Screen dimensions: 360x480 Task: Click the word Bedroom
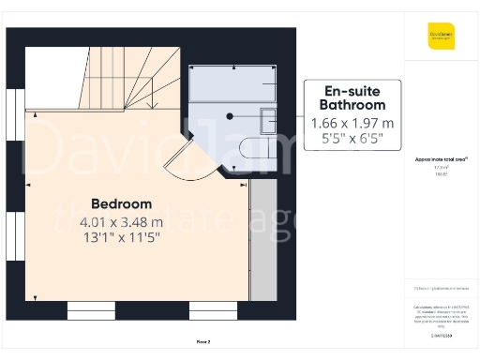pos(121,203)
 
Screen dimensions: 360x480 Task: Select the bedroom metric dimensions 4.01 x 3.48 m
pos(121,222)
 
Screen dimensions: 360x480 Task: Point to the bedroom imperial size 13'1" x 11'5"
pos(121,238)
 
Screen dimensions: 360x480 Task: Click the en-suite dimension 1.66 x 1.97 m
pos(352,124)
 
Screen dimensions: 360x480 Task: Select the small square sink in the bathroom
pos(268,119)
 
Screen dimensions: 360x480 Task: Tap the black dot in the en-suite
pos(229,117)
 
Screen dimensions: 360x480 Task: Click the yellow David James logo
pos(442,37)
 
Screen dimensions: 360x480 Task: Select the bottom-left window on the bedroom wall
pos(91,310)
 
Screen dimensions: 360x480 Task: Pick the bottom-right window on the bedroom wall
pos(214,310)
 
